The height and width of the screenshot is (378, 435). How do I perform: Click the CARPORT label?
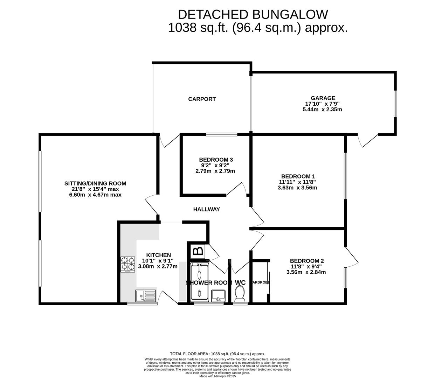point(202,99)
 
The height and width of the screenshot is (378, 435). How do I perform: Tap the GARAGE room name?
point(323,98)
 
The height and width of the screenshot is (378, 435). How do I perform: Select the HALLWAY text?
point(206,209)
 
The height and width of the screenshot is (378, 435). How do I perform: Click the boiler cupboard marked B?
point(198,251)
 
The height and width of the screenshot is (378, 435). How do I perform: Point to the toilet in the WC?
point(240,293)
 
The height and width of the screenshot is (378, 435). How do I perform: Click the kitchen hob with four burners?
point(128,265)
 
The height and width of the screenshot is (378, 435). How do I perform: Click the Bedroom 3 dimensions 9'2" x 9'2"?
point(215,166)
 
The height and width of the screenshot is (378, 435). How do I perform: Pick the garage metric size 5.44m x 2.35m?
point(322,110)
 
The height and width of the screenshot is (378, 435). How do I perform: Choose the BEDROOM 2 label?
point(306,261)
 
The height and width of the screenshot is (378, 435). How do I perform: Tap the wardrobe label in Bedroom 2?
point(261,282)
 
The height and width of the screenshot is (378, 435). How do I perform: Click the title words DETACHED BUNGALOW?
point(253,14)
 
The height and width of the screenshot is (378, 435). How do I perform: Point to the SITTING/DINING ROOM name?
point(95,183)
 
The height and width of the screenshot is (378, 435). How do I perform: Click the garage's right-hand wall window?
point(395,104)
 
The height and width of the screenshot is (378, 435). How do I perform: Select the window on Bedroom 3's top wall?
point(222,134)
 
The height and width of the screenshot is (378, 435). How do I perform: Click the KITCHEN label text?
point(158,255)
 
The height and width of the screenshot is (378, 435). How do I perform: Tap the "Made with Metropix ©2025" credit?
point(217,376)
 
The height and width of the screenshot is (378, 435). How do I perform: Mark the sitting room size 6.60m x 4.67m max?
point(95,195)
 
